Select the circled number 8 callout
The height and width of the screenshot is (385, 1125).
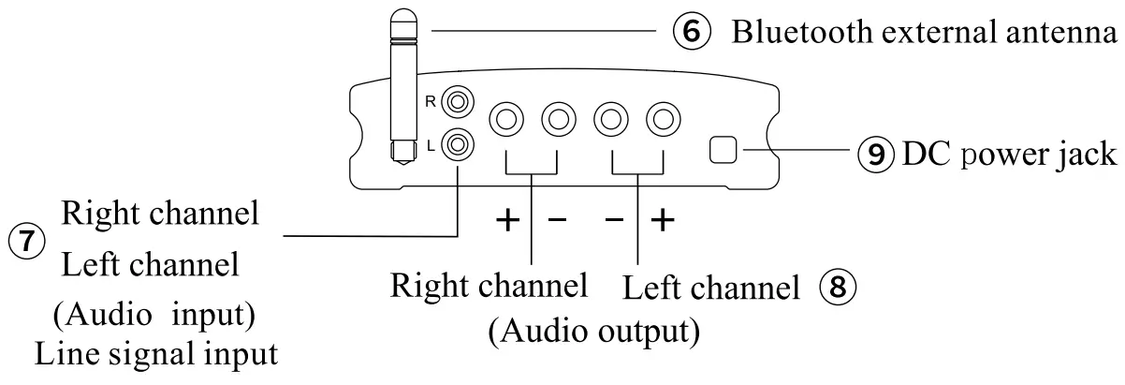[x=837, y=287]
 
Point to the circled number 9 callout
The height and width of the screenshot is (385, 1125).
[x=877, y=153]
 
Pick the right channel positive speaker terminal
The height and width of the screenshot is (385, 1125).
[x=506, y=119]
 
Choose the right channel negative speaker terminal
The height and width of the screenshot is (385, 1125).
[x=559, y=119]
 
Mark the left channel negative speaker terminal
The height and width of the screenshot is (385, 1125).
[x=611, y=119]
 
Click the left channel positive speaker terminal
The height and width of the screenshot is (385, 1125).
[x=664, y=119]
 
